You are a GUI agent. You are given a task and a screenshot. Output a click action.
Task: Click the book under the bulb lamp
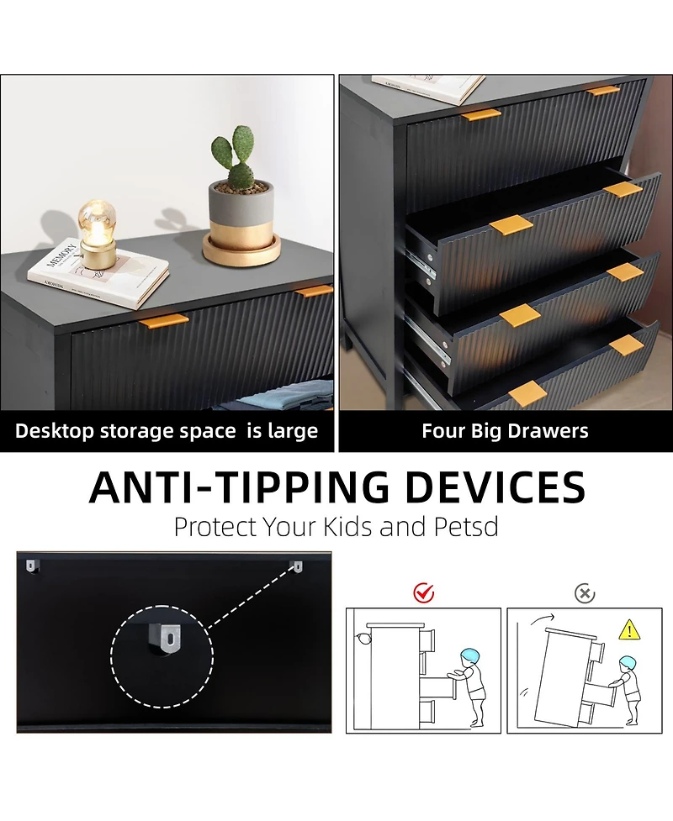98,273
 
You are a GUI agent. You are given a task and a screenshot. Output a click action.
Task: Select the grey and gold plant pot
241,223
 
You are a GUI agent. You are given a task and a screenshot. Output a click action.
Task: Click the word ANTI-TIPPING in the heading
240,487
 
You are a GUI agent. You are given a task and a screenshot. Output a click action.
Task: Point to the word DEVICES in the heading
495,487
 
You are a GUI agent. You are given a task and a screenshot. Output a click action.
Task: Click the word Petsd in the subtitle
466,527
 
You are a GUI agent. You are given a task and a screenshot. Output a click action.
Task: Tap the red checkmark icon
423,593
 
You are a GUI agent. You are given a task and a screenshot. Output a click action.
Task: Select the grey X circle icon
585,594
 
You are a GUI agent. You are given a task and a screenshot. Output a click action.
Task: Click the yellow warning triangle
629,630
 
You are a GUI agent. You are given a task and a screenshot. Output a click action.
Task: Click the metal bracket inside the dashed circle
168,639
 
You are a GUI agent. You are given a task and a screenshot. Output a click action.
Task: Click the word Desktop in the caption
54,431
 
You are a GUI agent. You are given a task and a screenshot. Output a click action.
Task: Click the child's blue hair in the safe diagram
471,655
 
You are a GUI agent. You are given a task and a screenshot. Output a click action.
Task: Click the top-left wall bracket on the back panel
31,566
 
